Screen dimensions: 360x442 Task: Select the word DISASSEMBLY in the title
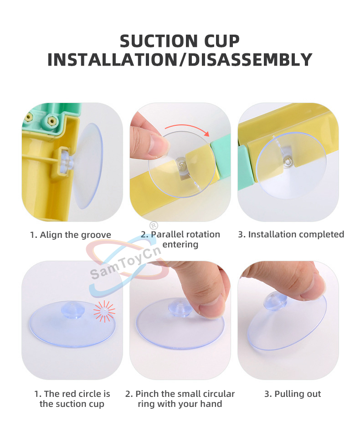pyautogui.click(x=249, y=60)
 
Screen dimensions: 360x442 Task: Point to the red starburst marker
pyautogui.click(x=104, y=311)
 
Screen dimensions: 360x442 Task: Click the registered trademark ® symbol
pyautogui.click(x=154, y=225)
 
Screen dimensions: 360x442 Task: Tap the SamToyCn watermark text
pyautogui.click(x=125, y=263)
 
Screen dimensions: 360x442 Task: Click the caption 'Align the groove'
pyautogui.click(x=75, y=235)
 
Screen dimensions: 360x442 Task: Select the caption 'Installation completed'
pyautogui.click(x=296, y=234)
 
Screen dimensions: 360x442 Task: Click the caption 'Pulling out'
pyautogui.click(x=298, y=394)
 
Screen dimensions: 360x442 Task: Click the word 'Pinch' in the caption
pyautogui.click(x=147, y=394)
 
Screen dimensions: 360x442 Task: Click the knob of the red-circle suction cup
pyautogui.click(x=73, y=310)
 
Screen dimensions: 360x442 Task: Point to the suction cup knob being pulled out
pyautogui.click(x=275, y=301)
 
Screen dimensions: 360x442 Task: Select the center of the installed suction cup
pyautogui.click(x=288, y=161)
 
